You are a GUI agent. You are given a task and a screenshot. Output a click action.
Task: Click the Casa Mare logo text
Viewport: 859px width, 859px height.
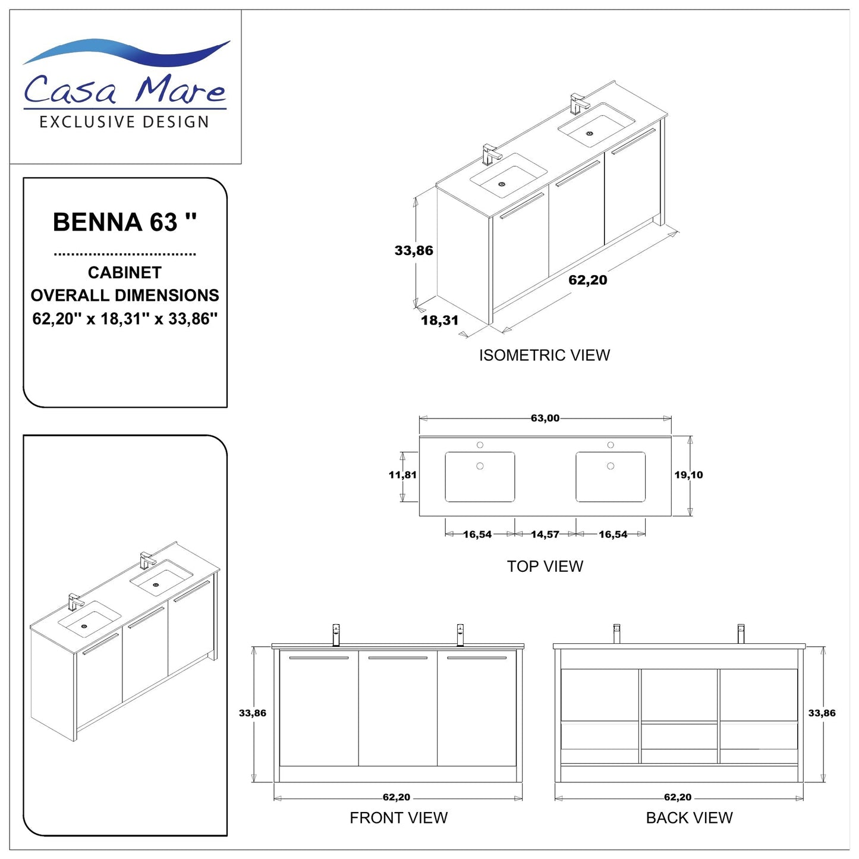[x=125, y=89]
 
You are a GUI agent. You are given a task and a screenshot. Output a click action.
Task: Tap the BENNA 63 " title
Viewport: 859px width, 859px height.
[x=125, y=222]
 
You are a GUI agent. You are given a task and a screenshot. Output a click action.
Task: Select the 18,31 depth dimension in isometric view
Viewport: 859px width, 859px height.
[x=440, y=320]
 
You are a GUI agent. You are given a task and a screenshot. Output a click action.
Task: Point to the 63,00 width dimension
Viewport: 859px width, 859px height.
[x=545, y=419]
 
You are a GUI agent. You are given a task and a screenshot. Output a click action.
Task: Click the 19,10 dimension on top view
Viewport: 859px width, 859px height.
[x=688, y=475]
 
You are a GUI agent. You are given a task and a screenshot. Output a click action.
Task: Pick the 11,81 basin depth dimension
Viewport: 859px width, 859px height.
[x=402, y=475]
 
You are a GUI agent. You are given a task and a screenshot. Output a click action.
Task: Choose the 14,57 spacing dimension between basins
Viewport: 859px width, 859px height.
[x=545, y=534]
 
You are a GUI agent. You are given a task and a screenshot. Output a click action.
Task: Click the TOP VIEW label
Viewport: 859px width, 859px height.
[x=545, y=567]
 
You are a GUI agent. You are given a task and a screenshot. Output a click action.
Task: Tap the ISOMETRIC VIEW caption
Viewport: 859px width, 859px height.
[x=545, y=355]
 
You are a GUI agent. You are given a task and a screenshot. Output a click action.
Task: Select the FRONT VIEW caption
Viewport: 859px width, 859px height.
[x=398, y=818]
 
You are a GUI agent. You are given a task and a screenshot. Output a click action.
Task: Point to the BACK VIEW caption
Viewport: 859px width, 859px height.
[x=689, y=818]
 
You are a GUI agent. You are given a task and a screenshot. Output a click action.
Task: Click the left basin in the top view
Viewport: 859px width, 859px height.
[x=480, y=477]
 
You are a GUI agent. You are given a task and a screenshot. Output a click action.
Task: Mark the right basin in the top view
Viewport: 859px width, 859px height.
[x=611, y=477]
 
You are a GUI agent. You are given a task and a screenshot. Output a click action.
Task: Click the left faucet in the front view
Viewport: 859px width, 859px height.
[x=336, y=634]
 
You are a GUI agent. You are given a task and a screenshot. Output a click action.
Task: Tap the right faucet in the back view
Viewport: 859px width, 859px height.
[x=741, y=633]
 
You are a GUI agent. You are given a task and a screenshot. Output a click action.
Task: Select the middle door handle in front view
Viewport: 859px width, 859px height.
[x=398, y=658]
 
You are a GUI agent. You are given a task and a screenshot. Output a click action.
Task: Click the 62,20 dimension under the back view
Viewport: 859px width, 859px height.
[x=678, y=797]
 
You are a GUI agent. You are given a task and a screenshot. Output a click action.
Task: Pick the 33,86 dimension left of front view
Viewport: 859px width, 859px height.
[x=253, y=713]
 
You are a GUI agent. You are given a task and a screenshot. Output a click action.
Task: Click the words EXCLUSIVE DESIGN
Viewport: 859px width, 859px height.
[x=124, y=122]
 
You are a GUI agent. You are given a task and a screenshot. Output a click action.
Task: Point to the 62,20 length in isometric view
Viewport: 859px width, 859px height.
[x=588, y=280]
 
